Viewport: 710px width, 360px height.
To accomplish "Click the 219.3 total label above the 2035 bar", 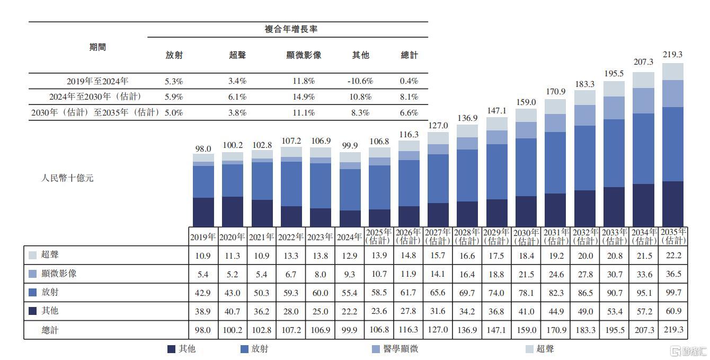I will [x=672, y=55].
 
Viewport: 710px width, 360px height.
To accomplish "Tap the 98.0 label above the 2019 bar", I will [x=203, y=149].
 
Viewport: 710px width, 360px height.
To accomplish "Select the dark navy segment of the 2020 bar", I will [x=232, y=212].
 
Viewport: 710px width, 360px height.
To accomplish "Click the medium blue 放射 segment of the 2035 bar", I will [x=672, y=144].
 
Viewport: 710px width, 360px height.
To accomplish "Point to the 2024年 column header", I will [x=350, y=237].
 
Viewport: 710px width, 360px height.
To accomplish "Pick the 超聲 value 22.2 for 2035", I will [x=672, y=256].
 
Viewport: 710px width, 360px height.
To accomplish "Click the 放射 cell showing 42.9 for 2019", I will [x=203, y=293].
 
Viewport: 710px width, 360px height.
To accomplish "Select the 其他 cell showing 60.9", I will [x=672, y=311].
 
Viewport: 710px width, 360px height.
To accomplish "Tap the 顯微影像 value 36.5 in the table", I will [x=672, y=274].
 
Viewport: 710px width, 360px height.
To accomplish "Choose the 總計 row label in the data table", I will [x=50, y=330].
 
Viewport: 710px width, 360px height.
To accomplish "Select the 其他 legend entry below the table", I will [x=185, y=349].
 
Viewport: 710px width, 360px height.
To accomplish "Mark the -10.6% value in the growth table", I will [x=360, y=81].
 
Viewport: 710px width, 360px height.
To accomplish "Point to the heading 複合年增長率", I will [x=291, y=29].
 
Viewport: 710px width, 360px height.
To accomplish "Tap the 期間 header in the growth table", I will [x=97, y=47].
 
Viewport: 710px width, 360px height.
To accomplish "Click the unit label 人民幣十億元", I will [x=67, y=178].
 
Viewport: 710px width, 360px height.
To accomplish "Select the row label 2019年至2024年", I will [x=97, y=81].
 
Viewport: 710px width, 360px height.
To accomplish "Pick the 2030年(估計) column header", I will [x=526, y=237].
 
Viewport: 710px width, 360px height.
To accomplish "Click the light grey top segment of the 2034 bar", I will [x=643, y=80].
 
